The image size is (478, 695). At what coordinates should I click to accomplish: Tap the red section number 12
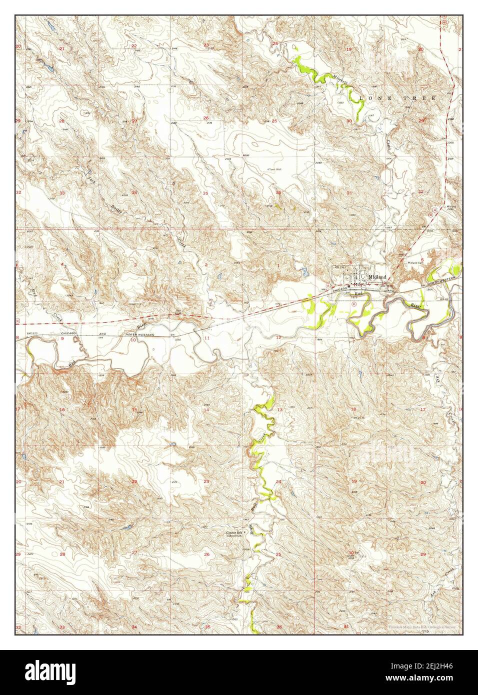(278, 338)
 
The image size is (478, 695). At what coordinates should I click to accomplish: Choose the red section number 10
(133, 339)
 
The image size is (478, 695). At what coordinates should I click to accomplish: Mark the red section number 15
(134, 410)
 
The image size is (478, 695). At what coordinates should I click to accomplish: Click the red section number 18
(353, 409)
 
